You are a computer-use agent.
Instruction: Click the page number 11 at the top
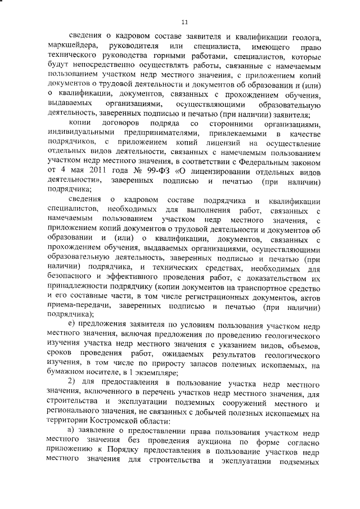184,22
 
